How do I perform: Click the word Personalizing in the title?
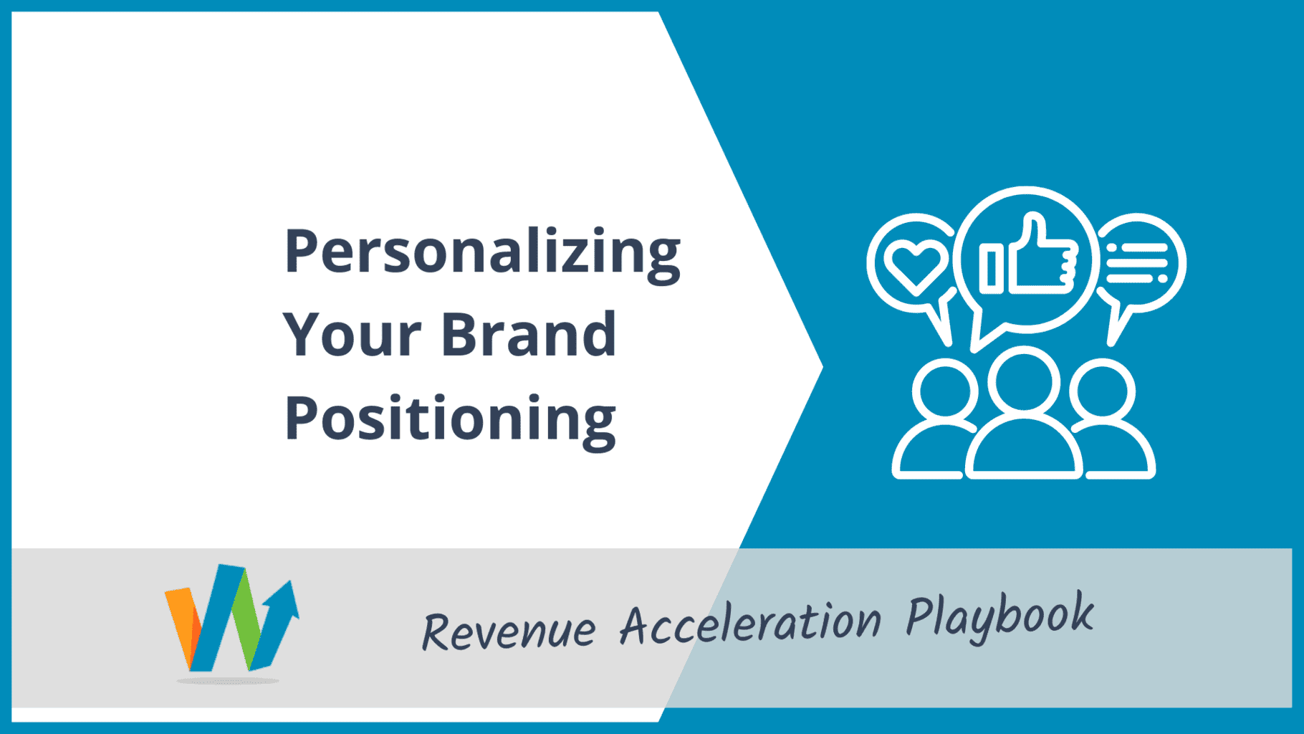(482, 253)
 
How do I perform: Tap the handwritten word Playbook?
(1000, 616)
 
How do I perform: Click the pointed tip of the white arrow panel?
(823, 367)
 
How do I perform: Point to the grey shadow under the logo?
(228, 680)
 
